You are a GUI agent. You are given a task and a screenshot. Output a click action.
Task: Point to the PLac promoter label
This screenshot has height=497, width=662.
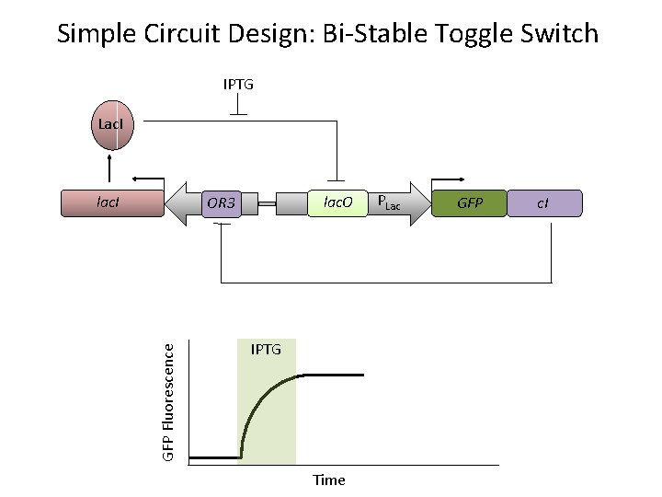[389, 202]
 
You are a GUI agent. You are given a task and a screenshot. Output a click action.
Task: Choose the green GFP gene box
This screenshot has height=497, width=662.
[470, 202]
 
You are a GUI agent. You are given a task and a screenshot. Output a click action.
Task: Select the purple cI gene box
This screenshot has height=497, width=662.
[544, 202]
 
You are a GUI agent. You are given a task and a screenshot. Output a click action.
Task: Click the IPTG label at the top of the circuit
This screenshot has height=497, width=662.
[238, 85]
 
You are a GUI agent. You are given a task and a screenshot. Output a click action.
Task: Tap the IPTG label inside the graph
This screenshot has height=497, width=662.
[266, 351]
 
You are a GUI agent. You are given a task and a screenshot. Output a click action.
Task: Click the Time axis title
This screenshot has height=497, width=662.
[328, 480]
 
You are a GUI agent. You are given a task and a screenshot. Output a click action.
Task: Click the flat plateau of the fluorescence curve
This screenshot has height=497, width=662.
[331, 376]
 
